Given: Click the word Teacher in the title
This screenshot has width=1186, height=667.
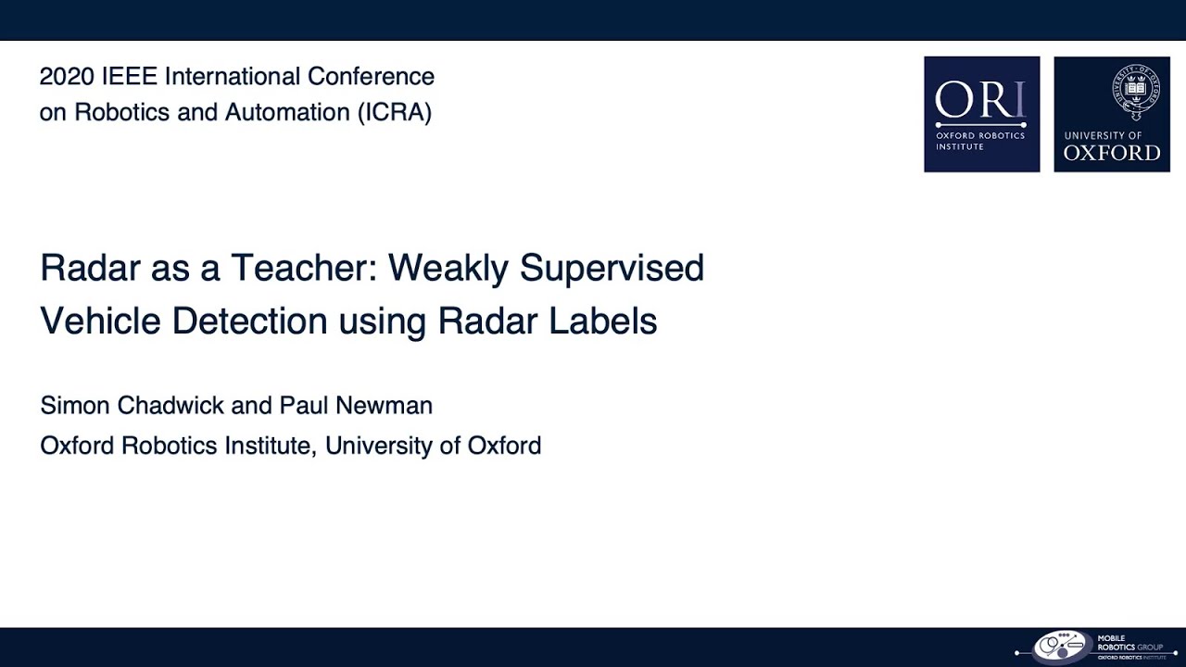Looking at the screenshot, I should click(x=305, y=269).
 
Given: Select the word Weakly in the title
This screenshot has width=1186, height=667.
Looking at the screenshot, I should click(x=448, y=269).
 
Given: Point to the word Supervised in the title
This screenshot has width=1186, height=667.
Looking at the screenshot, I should click(x=612, y=269).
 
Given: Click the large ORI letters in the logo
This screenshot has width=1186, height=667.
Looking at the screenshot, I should click(x=980, y=101).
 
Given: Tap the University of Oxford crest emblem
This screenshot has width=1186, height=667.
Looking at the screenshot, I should click(x=1136, y=91).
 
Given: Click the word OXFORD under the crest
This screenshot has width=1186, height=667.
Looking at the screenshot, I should click(x=1111, y=154).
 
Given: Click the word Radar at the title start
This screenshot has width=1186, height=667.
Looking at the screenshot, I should click(x=90, y=269).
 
